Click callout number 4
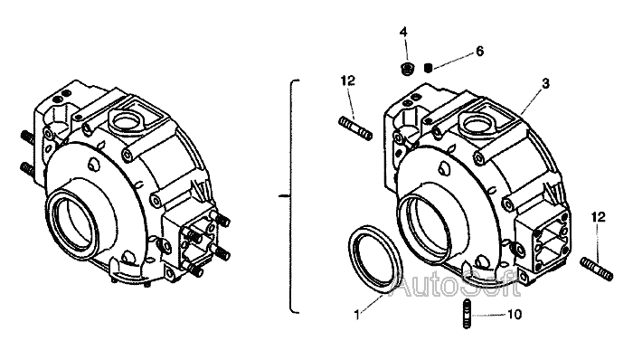coord(403,32)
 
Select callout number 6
coord(479,52)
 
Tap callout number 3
coord(546,83)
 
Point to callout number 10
coord(515,314)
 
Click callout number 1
coord(357,315)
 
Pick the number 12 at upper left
coord(347,81)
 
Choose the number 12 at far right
coord(599,217)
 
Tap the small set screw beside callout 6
coord(429,68)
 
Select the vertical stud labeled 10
coord(467,314)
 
